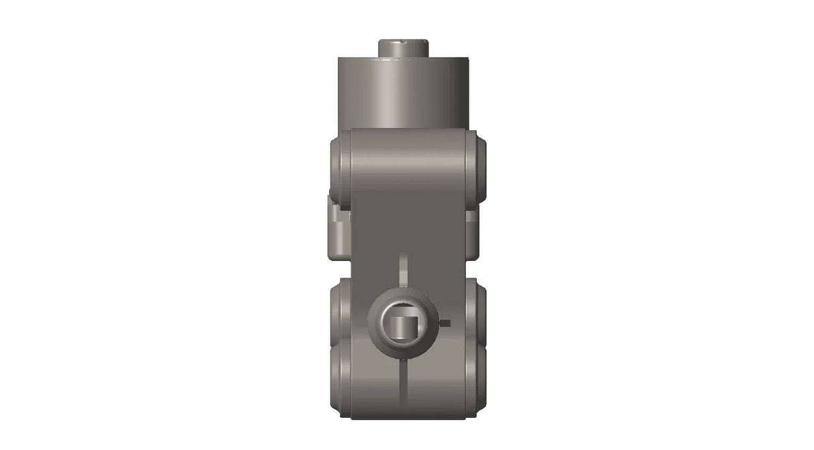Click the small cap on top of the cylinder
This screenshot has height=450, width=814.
pyautogui.click(x=403, y=49)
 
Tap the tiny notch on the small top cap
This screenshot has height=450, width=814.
pyautogui.click(x=404, y=42)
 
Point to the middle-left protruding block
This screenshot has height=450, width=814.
pyautogui.click(x=338, y=231)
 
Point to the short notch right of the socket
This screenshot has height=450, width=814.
pyautogui.click(x=445, y=323)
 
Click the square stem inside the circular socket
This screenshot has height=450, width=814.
pyautogui.click(x=403, y=327)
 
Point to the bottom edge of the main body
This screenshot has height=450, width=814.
pyautogui.click(x=408, y=418)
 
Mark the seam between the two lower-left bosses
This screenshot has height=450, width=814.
pyautogui.click(x=340, y=345)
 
